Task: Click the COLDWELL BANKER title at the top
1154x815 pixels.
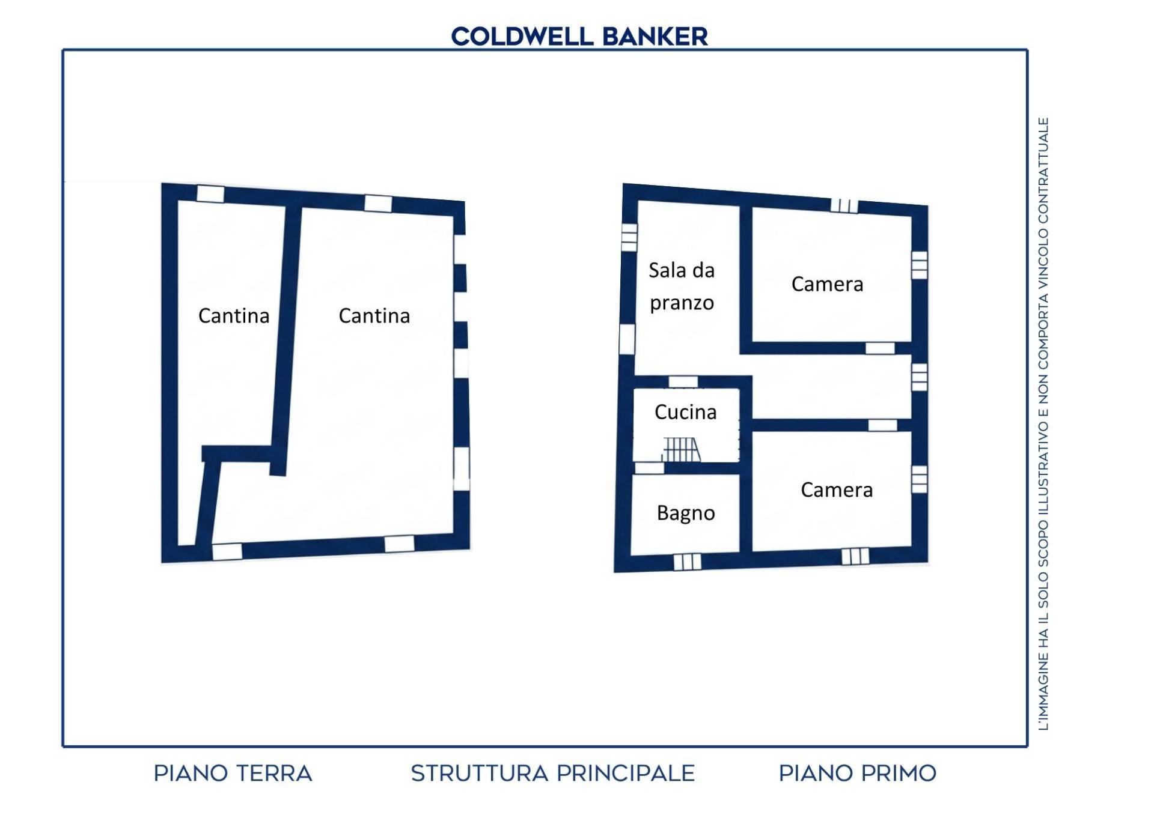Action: coord(579,37)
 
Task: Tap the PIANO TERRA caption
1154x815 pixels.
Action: coord(233,774)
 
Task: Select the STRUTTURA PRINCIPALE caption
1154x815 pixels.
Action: coord(553,774)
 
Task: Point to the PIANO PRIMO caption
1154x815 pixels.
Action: coord(858,774)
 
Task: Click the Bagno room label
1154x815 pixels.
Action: coord(686,514)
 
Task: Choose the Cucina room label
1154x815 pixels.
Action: coord(685,412)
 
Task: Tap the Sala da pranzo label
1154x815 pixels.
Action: coord(682,286)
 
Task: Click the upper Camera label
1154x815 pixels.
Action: coord(827,284)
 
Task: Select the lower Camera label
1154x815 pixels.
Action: coord(837,490)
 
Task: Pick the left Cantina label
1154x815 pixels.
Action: coord(234,316)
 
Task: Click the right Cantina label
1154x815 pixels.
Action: coord(374,316)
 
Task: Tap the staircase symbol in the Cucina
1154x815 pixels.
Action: coord(682,450)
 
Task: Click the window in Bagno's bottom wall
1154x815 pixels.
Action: coord(687,562)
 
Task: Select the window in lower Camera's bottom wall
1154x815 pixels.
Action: coord(855,557)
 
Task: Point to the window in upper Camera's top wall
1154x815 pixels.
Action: coord(844,206)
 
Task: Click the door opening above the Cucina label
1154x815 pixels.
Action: coord(683,382)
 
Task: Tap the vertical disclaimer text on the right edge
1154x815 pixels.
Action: coord(1043,424)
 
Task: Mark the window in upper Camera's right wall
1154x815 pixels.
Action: coord(919,265)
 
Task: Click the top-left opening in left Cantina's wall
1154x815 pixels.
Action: coord(210,194)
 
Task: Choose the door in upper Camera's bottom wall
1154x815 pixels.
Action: coord(880,348)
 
